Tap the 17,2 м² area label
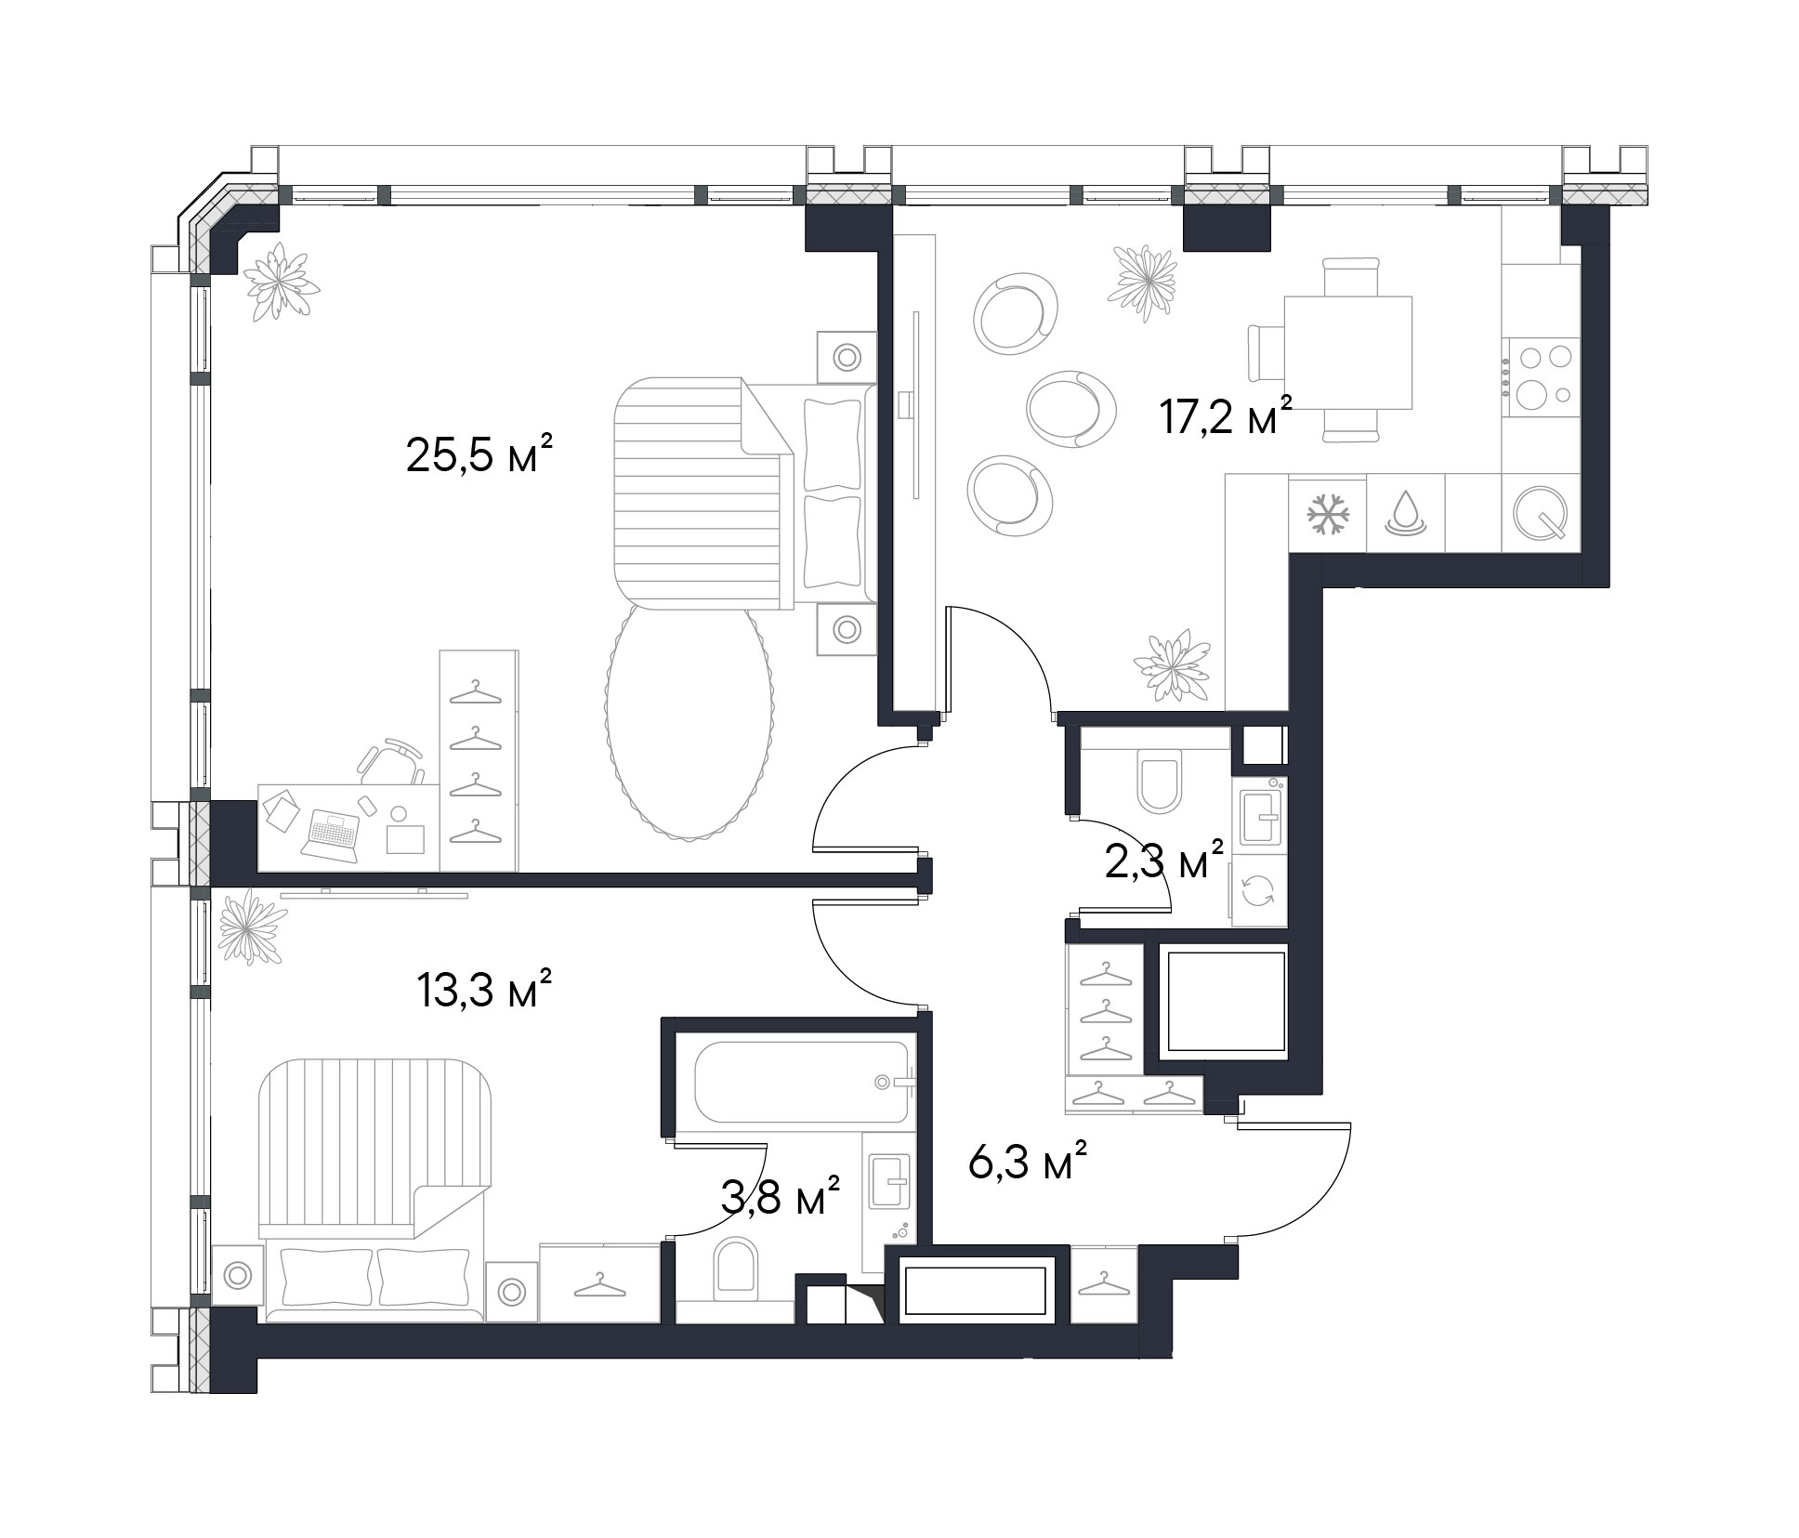pos(1226,414)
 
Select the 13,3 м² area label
pos(485,991)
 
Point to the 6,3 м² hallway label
pos(1028,1162)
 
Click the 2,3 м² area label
pos(1163,861)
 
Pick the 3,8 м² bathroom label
pos(781,1198)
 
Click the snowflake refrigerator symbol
pos(1328,514)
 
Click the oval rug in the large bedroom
pos(689,722)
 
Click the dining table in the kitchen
pos(1347,353)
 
